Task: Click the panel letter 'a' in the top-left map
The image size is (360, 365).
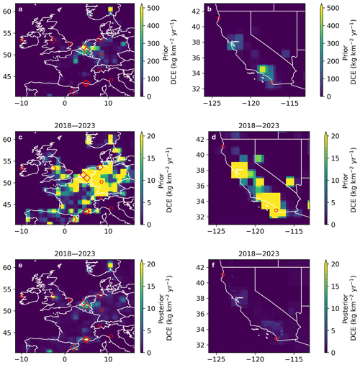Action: click(20, 9)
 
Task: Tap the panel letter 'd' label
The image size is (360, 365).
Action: click(214, 137)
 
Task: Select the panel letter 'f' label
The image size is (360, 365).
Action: click(213, 265)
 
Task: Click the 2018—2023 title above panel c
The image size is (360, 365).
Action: click(75, 126)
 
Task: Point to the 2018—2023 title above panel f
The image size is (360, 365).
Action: click(258, 254)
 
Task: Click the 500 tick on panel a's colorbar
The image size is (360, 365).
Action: click(153, 8)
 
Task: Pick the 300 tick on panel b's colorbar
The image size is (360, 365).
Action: click(333, 44)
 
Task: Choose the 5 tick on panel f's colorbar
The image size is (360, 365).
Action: click(333, 331)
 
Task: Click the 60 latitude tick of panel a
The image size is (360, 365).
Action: click(7, 12)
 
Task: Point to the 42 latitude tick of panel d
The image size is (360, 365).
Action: click(201, 140)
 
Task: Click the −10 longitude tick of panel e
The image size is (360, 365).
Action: click(22, 360)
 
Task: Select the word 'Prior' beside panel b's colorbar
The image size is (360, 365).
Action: click(345, 53)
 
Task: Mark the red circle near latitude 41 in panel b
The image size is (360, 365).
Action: click(218, 19)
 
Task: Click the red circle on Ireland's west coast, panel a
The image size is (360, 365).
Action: click(22, 40)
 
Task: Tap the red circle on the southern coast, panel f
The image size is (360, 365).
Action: click(276, 338)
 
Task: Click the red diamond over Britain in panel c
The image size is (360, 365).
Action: click(53, 168)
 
